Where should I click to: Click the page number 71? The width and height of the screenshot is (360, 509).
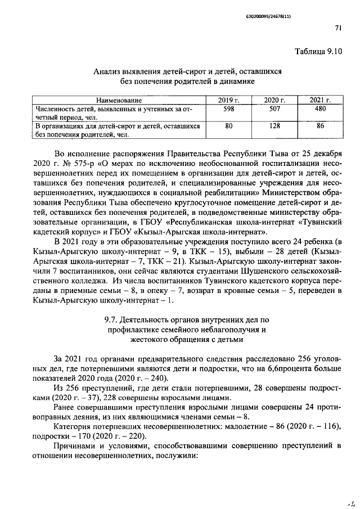coord(337,27)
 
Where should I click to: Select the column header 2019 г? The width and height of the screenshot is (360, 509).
coord(228,100)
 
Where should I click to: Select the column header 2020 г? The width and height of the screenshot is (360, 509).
coord(274,100)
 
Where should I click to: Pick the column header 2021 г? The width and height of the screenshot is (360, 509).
coord(320,100)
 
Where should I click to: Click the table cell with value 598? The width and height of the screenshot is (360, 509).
coord(228,109)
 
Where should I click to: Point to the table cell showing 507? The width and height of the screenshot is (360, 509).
coord(274,109)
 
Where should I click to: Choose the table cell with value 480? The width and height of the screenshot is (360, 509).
coord(320,109)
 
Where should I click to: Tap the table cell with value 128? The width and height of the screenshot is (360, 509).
coord(274,127)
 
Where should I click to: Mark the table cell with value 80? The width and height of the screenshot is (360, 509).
coord(228,127)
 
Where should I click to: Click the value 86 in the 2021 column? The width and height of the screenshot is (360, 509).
coord(320,127)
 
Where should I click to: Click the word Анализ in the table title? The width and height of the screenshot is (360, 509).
coord(108,71)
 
